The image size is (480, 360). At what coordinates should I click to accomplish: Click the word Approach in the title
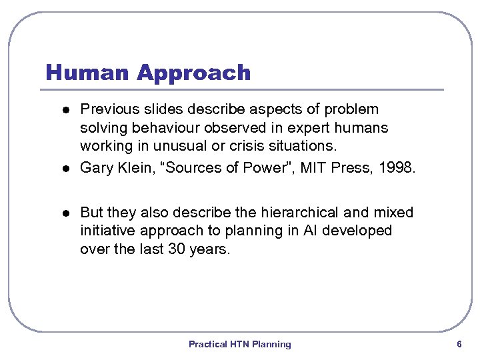coord(193,73)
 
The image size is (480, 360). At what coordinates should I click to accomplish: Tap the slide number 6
coord(459,344)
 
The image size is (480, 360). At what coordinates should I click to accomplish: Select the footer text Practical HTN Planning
coord(239,344)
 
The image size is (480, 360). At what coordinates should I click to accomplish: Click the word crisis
coord(251,145)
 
